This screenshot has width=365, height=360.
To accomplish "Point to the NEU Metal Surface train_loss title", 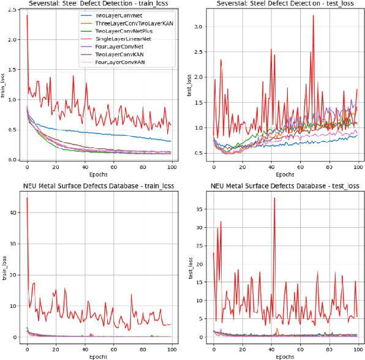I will [99, 186].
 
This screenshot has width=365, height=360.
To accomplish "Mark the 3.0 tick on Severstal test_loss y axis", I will [200, 27].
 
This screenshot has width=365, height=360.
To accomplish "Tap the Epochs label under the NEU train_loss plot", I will [99, 355].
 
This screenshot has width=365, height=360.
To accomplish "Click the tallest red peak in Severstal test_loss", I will [314, 16].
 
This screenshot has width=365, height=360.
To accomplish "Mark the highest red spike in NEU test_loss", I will [274, 198].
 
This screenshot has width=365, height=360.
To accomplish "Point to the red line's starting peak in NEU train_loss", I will [27, 198].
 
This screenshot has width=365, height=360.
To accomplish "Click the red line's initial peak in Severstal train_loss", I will [27, 15].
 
